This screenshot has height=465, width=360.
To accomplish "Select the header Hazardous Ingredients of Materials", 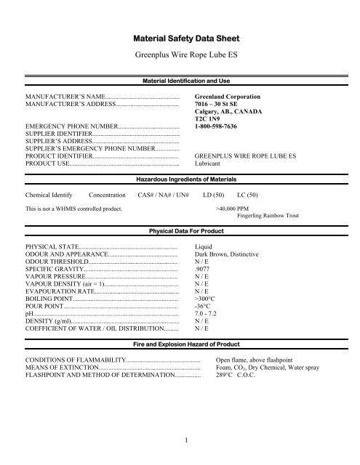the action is (x=180, y=178).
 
